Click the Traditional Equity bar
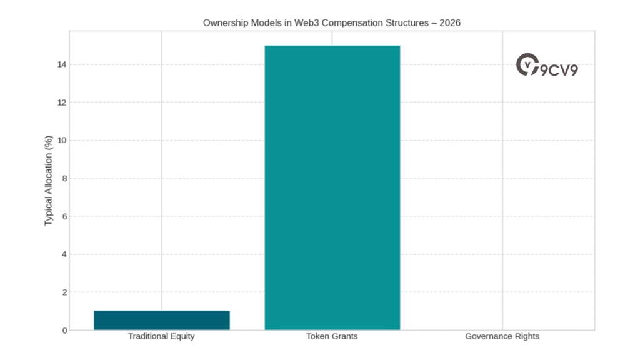click(x=161, y=320)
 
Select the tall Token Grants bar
click(x=332, y=187)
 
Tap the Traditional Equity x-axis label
click(x=161, y=336)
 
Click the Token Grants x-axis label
click(x=332, y=336)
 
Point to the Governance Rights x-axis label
click(x=502, y=336)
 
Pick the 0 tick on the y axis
click(x=64, y=330)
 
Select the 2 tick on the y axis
click(x=64, y=292)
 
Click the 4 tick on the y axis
click(x=64, y=254)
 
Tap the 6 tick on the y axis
click(x=64, y=216)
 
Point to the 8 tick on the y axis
click(x=64, y=178)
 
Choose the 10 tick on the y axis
click(x=62, y=140)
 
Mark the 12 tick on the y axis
click(x=62, y=102)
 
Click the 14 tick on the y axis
click(x=62, y=64)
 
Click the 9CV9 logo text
click(x=559, y=69)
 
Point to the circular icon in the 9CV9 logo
click(x=527, y=64)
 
